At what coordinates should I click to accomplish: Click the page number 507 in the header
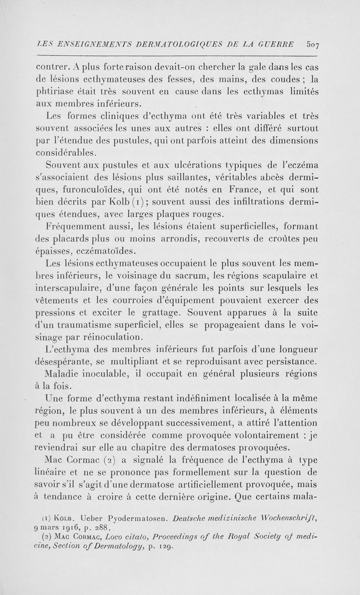click(313, 45)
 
